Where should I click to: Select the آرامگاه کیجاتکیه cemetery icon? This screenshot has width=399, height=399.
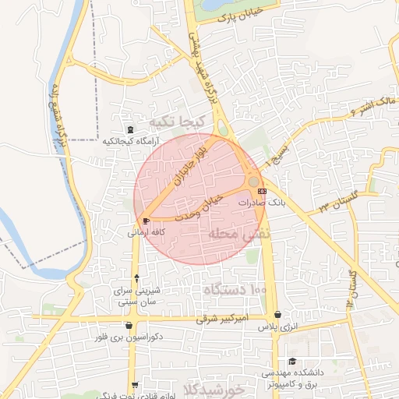(x=129, y=129)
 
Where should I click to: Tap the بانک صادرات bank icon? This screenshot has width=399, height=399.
(x=261, y=190)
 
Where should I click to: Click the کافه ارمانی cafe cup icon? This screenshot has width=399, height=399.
(x=146, y=221)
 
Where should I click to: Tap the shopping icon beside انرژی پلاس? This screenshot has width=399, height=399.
(x=277, y=315)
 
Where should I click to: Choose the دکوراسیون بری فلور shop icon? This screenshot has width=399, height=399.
(x=129, y=326)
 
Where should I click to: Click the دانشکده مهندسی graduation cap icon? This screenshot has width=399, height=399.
(x=292, y=361)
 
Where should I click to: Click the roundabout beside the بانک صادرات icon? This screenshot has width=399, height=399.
(x=253, y=181)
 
